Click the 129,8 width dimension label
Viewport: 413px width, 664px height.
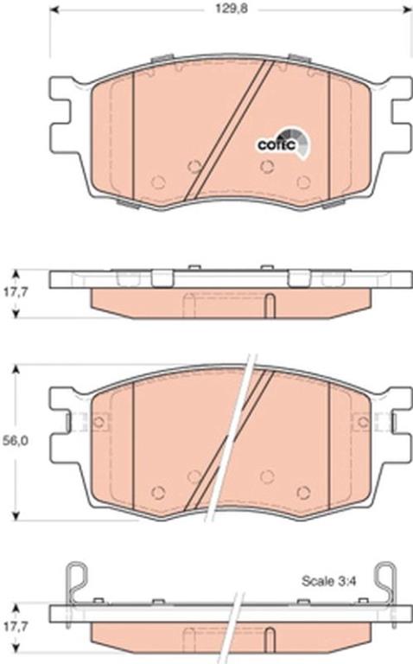pyautogui.click(x=232, y=9)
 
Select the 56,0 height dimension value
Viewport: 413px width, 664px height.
pyautogui.click(x=16, y=441)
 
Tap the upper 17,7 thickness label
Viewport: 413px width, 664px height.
pyautogui.click(x=16, y=292)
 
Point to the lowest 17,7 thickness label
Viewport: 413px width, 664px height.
pyautogui.click(x=16, y=627)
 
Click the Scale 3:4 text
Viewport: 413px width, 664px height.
pyautogui.click(x=329, y=581)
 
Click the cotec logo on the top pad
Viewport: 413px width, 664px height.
pyautogui.click(x=283, y=144)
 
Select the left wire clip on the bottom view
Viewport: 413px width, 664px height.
pyautogui.click(x=79, y=584)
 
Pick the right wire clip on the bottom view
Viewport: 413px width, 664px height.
pyautogui.click(x=386, y=584)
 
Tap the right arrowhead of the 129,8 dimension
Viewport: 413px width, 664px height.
pyautogui.click(x=407, y=9)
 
